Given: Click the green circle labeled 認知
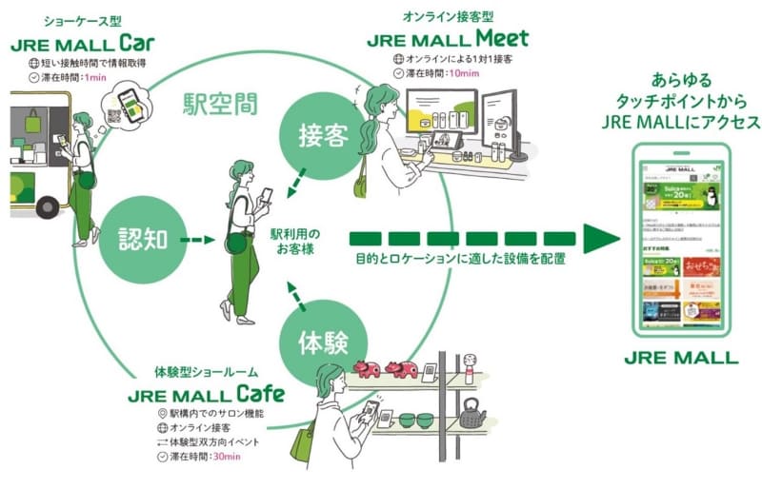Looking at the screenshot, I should [146, 240].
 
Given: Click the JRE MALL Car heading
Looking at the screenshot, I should [84, 45].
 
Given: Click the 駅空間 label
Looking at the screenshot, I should [220, 104].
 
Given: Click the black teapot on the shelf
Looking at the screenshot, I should [471, 414].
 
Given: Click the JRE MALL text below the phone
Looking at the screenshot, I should [681, 359].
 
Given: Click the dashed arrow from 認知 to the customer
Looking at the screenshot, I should [201, 240].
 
